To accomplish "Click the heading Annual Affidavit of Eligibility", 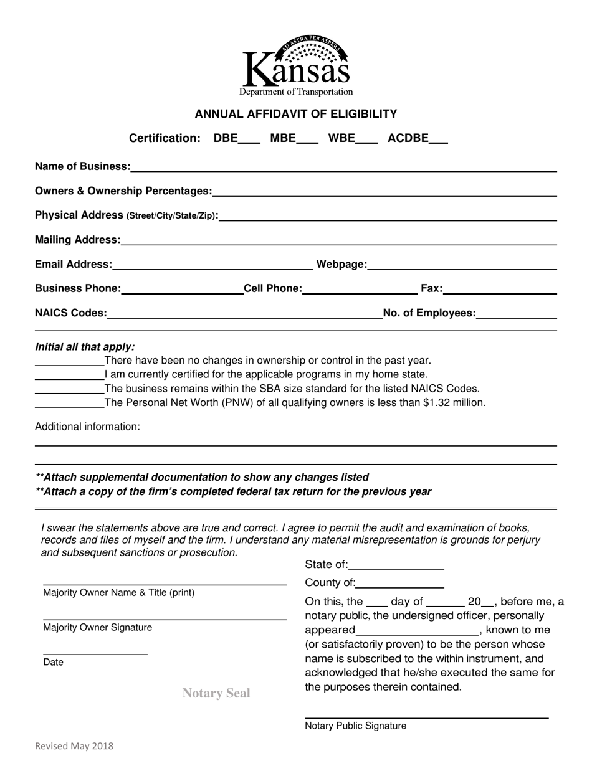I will (x=296, y=114).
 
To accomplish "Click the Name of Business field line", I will (x=343, y=168).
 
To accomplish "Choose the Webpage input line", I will (x=462, y=266).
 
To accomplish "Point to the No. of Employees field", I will (x=516, y=314).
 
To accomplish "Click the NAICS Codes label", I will (x=71, y=313).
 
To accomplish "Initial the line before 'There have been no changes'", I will (x=69, y=361).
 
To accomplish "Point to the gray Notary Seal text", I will (x=216, y=693).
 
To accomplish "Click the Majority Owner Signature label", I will (x=97, y=628).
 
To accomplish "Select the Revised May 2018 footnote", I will (x=74, y=745).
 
